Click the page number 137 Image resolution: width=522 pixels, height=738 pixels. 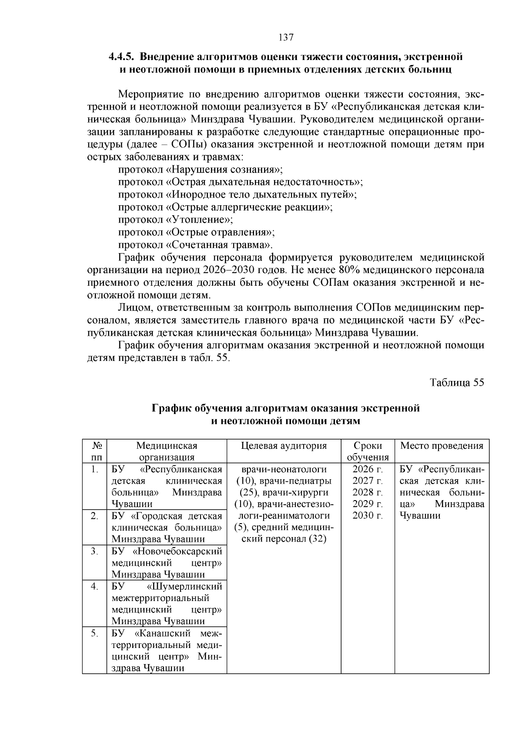click(x=286, y=37)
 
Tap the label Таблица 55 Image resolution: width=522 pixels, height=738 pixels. click(x=457, y=383)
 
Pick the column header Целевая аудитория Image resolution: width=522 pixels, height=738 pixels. click(x=284, y=446)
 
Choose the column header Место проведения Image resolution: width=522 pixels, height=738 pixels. click(x=442, y=446)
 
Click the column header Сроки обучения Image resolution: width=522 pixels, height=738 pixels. click(x=368, y=451)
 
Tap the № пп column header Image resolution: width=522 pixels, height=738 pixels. click(x=94, y=451)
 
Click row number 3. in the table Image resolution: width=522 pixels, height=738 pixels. click(x=94, y=551)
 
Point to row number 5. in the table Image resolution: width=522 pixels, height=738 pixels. click(x=94, y=633)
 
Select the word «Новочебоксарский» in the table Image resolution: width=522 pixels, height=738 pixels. click(x=178, y=551)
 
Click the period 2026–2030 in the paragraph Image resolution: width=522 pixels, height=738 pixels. click(x=223, y=270)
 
